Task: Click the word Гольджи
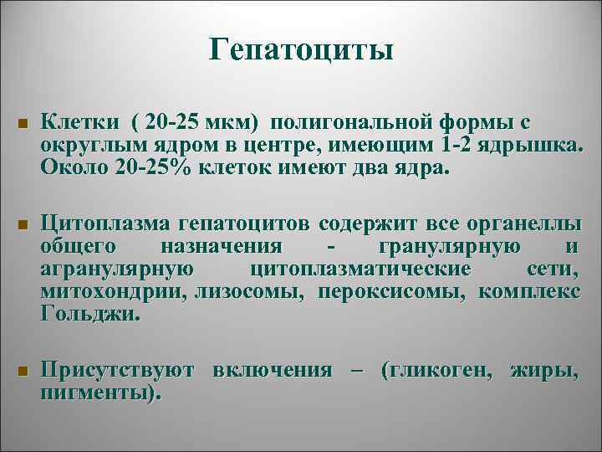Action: [x=89, y=315]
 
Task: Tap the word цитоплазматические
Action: [x=360, y=270]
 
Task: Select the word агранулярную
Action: [x=118, y=270]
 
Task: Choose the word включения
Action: [x=274, y=369]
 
